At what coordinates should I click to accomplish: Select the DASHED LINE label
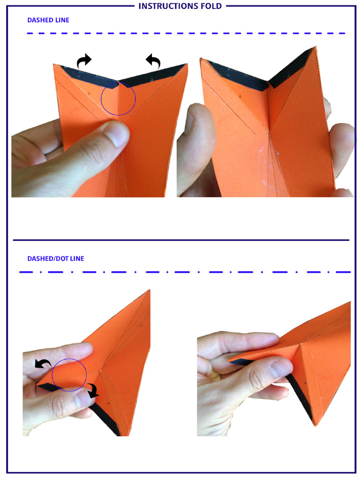click(x=48, y=20)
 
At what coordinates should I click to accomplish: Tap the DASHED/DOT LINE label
click(x=56, y=258)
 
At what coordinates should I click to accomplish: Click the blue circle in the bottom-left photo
click(x=69, y=375)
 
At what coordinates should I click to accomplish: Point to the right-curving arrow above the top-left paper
click(x=84, y=60)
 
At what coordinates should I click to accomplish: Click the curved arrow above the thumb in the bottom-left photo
click(x=44, y=363)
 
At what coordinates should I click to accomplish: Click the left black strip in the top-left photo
click(x=87, y=72)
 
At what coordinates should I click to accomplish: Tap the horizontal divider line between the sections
click(x=181, y=240)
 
